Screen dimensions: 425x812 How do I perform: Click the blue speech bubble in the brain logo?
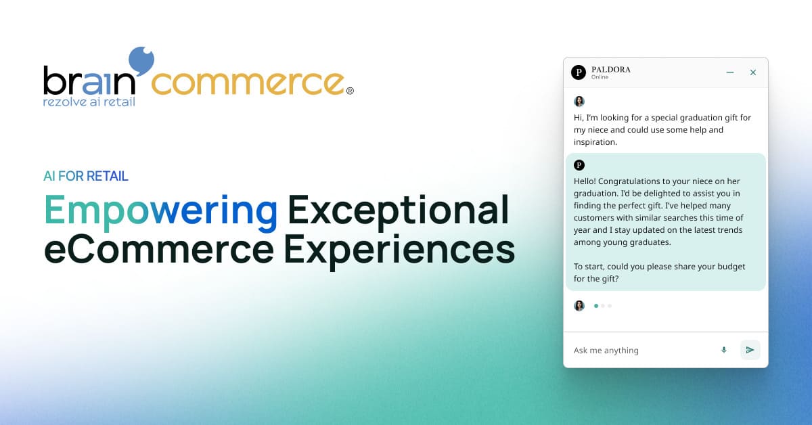[141, 62]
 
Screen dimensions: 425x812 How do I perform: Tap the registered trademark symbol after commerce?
[350, 91]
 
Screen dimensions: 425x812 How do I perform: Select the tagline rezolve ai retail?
[89, 102]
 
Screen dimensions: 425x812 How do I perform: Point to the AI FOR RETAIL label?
[86, 177]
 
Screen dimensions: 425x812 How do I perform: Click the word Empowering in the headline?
[161, 210]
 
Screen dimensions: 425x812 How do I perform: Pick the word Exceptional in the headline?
[398, 210]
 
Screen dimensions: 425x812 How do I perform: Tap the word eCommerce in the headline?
[159, 248]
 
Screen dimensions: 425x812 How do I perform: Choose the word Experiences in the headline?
[399, 248]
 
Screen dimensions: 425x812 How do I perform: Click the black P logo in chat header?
[578, 72]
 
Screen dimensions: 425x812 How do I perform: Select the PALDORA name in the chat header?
[611, 69]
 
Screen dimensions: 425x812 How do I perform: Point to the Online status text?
[600, 77]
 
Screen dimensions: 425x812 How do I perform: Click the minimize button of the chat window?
[730, 72]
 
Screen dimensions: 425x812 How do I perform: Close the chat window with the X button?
[753, 72]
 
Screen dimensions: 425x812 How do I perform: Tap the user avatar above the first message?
[579, 102]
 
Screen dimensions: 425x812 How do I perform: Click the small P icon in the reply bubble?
[579, 165]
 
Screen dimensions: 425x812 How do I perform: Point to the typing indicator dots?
[602, 306]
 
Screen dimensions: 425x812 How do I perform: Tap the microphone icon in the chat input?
[724, 350]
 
